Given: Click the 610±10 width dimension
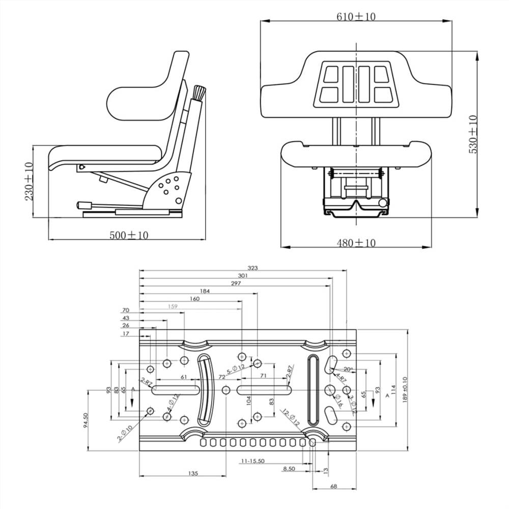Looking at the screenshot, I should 355,17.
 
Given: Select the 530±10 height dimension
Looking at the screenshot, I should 473,135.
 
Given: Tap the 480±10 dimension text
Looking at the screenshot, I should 356,243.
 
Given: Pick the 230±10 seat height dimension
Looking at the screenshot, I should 29,181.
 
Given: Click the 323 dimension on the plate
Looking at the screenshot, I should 252,267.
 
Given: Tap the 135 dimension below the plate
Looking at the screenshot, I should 192,473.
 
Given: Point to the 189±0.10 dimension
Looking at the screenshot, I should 405,389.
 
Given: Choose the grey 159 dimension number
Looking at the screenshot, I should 173,306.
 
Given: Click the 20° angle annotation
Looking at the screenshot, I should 348,369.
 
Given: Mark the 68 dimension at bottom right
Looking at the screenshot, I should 334,487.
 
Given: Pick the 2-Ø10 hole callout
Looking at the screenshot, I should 126,433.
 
